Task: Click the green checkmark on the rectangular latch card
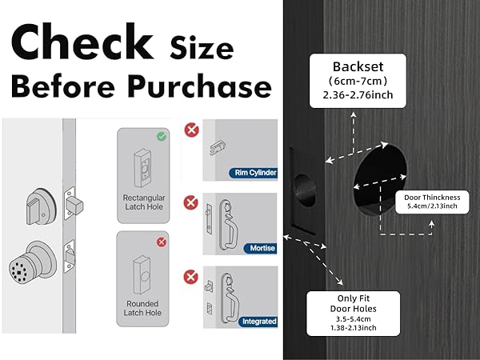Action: coord(162,137)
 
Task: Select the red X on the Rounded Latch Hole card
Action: coord(162,241)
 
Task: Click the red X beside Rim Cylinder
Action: coord(190,130)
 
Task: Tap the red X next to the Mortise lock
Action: coord(190,202)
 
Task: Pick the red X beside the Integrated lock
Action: coord(190,278)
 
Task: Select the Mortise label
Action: coord(262,248)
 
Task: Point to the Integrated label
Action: coord(257,322)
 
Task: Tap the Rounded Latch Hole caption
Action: coord(142,309)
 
